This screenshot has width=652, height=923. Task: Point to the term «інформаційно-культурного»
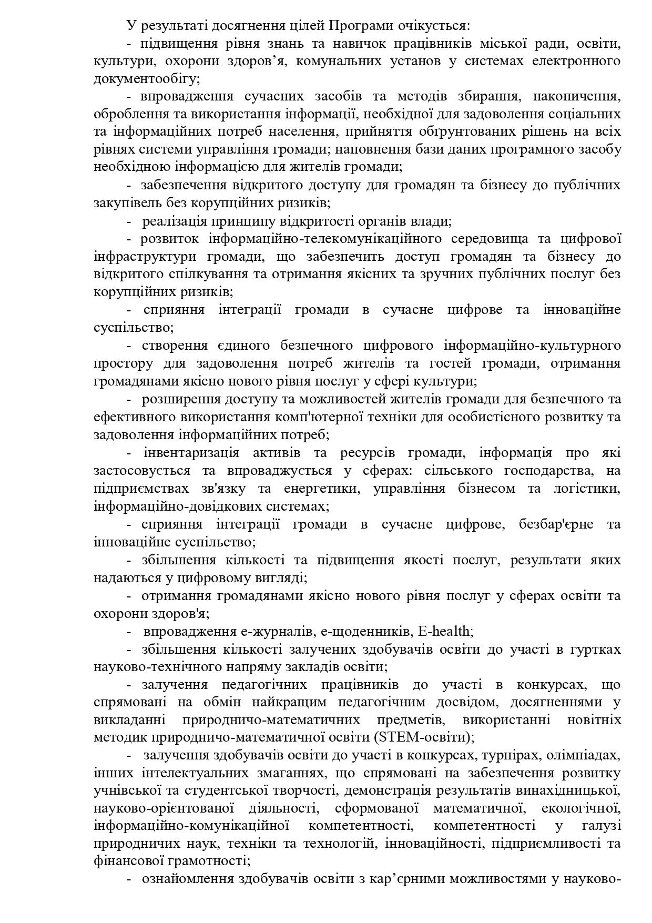coord(532,346)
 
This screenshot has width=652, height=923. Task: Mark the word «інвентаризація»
coord(191,453)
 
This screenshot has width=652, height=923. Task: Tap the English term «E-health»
coord(445,631)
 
